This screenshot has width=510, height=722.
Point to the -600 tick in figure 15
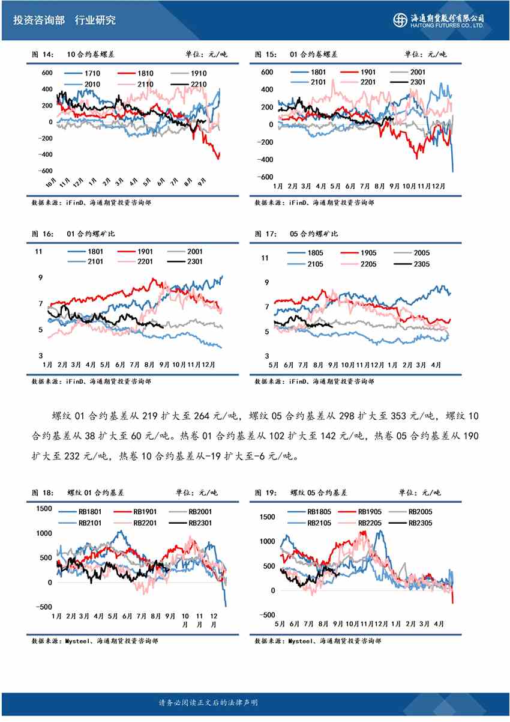(266, 177)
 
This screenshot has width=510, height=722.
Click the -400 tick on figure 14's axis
(44, 154)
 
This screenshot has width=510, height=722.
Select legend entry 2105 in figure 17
(315, 264)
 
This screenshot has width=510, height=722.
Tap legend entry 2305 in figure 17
(422, 264)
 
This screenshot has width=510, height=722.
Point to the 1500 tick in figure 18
(45, 509)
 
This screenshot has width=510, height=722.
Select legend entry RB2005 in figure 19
(420, 512)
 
